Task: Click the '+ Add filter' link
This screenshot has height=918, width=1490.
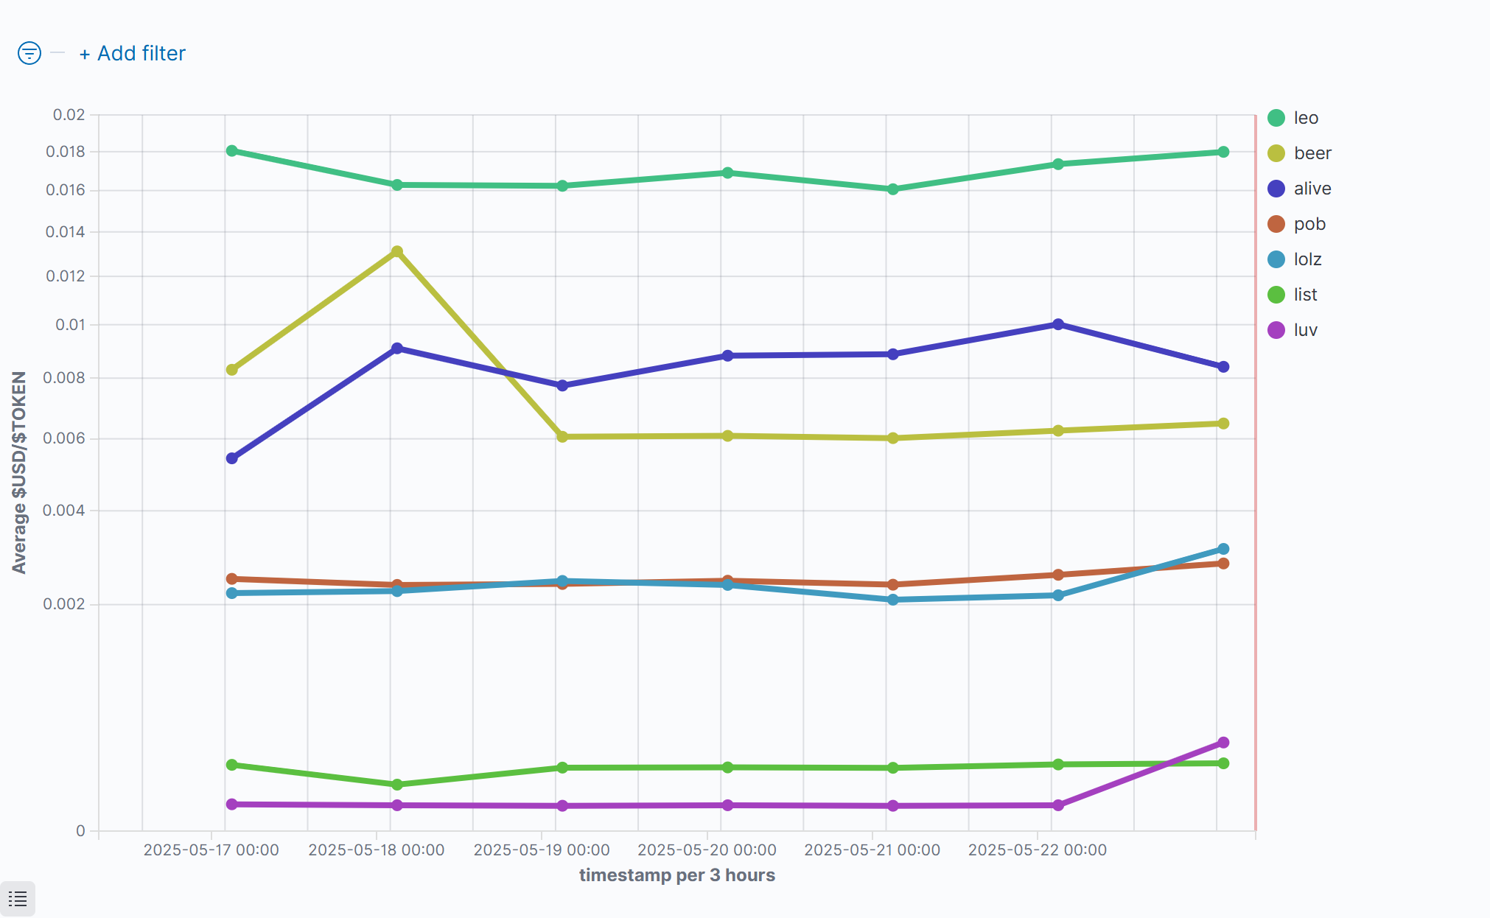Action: [x=133, y=54]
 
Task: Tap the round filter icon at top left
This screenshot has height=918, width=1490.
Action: [x=29, y=53]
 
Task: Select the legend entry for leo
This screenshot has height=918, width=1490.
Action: [x=1305, y=118]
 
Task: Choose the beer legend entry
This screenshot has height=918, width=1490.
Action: [x=1312, y=153]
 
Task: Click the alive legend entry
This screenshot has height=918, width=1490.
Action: [x=1312, y=189]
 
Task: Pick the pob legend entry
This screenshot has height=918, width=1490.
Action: [x=1309, y=224]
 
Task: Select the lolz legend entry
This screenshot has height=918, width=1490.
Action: [x=1307, y=259]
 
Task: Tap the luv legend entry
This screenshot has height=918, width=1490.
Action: [x=1305, y=330]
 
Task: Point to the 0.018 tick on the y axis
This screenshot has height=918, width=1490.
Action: [x=66, y=152]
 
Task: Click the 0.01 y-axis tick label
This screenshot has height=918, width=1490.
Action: [x=70, y=325]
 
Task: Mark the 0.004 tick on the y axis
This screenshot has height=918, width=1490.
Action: [x=64, y=511]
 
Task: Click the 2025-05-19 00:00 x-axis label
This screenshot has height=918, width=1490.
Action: [x=542, y=850]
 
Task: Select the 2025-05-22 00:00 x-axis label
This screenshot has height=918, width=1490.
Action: [x=1037, y=850]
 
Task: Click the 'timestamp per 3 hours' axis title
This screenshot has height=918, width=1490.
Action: [x=676, y=875]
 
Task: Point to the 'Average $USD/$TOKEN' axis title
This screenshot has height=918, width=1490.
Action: [x=19, y=472]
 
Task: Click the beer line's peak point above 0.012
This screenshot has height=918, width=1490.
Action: [x=397, y=252]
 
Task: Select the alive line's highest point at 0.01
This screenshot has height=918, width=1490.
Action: [x=1058, y=324]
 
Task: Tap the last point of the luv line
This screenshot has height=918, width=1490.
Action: [x=1223, y=743]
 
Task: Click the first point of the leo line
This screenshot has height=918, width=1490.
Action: [x=232, y=151]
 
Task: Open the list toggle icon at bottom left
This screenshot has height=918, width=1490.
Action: [x=18, y=899]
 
